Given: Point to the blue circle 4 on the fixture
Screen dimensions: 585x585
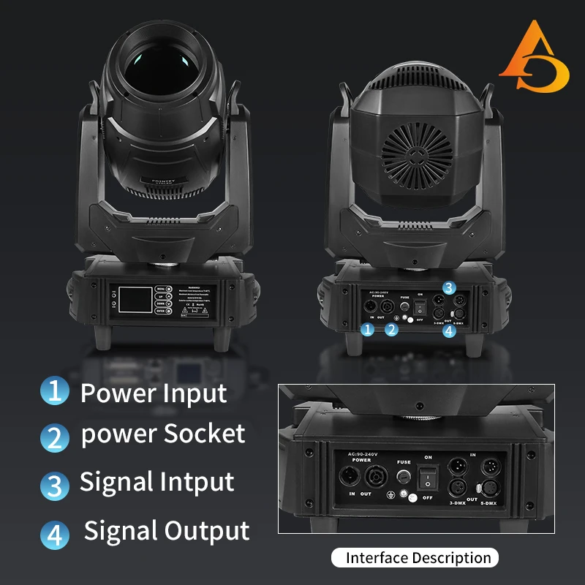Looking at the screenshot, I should pyautogui.click(x=448, y=331).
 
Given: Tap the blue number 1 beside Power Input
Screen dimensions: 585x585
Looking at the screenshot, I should pyautogui.click(x=54, y=390).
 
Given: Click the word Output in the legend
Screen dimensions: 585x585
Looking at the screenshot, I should pyautogui.click(x=208, y=530).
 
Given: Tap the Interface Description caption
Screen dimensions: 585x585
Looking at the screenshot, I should pyautogui.click(x=418, y=558).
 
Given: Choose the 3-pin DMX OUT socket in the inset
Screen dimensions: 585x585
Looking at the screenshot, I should pyautogui.click(x=457, y=487).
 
